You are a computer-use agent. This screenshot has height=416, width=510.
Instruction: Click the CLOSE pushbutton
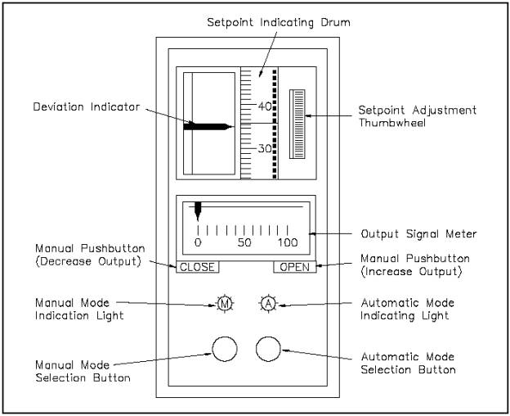coord(197,267)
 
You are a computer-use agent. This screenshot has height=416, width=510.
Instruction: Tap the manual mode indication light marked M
coord(225,304)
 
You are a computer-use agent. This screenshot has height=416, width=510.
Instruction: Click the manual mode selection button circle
coord(225,348)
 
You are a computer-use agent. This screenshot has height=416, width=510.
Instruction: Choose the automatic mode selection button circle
coord(268,348)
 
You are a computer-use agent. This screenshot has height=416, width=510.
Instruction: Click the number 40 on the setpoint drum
coord(265,106)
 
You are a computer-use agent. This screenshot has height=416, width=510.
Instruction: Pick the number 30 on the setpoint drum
coord(265,149)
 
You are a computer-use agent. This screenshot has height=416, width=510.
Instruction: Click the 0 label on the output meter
coord(198,243)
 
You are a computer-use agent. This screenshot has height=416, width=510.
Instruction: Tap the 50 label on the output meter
coord(244,243)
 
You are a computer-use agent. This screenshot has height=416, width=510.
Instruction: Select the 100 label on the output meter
coord(288,243)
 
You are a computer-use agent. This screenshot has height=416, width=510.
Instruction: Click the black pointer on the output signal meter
coord(198,210)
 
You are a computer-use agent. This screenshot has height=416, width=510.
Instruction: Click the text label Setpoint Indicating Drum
coord(277,22)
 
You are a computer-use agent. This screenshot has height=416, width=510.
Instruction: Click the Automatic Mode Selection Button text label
coord(407,364)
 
